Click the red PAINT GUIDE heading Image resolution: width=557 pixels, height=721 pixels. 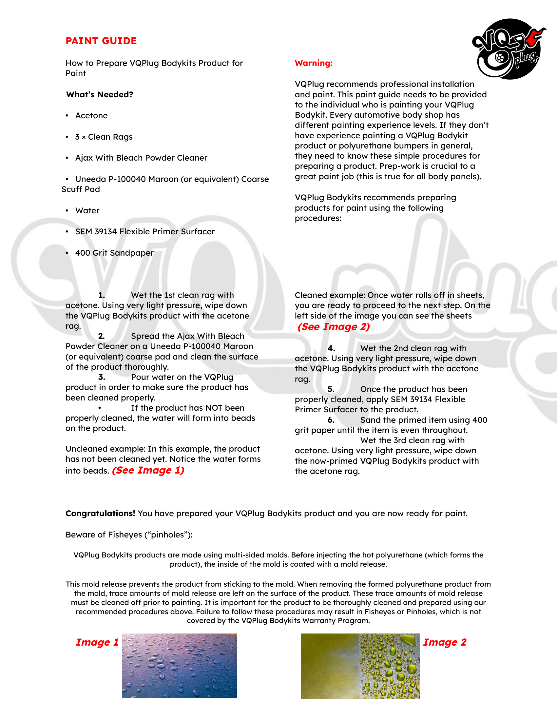click(x=101, y=41)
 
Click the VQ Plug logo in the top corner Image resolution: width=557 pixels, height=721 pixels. click(x=508, y=49)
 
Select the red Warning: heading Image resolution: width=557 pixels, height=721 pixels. click(x=314, y=63)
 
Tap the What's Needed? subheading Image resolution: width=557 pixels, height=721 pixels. click(x=100, y=95)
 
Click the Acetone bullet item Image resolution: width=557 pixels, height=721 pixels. click(x=91, y=116)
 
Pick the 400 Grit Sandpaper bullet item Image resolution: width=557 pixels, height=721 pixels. click(x=114, y=253)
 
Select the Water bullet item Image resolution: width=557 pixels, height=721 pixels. click(x=87, y=211)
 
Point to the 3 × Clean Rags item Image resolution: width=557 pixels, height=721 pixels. click(x=104, y=137)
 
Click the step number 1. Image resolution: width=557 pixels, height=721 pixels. click(x=102, y=295)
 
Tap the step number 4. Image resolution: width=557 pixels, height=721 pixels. click(x=331, y=348)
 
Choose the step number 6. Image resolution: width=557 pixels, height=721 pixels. click(x=331, y=420)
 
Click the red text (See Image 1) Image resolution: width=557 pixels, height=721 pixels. click(x=148, y=470)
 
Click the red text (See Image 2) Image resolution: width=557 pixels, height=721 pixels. click(x=334, y=327)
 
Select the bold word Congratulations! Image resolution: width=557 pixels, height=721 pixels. click(x=100, y=513)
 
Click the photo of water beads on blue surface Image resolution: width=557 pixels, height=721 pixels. click(x=179, y=666)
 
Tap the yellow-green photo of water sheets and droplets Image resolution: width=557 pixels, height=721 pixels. click(x=360, y=666)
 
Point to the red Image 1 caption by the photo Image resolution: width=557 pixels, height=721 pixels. click(x=97, y=642)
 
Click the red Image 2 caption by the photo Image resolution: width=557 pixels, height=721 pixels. click(x=445, y=642)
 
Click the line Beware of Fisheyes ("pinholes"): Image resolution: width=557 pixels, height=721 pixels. click(x=129, y=535)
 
